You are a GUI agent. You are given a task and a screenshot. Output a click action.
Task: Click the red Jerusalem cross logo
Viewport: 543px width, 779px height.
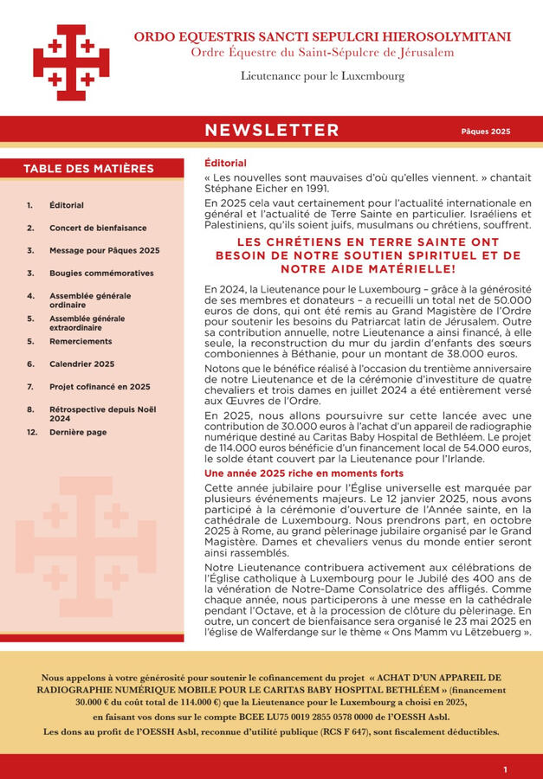pyautogui.click(x=70, y=61)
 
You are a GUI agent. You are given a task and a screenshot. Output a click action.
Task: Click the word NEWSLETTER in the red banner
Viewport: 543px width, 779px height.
pyautogui.click(x=271, y=131)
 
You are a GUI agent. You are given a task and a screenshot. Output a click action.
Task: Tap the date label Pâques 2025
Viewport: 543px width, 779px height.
pyautogui.click(x=485, y=132)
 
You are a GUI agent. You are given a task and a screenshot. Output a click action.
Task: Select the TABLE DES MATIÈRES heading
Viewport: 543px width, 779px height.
pyautogui.click(x=88, y=169)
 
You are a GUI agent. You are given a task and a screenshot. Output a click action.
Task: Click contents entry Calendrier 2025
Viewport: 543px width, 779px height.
pyautogui.click(x=81, y=364)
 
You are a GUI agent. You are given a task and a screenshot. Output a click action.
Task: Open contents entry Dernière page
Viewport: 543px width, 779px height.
pyautogui.click(x=78, y=432)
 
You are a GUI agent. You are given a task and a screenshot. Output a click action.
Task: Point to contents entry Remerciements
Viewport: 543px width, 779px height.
pyautogui.click(x=81, y=341)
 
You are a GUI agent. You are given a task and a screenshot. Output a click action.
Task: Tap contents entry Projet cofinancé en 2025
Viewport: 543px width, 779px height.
pyautogui.click(x=100, y=386)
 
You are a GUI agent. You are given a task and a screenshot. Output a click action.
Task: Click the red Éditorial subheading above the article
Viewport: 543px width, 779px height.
pyautogui.click(x=225, y=163)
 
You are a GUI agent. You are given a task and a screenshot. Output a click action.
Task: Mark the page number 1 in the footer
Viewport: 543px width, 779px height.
pyautogui.click(x=506, y=769)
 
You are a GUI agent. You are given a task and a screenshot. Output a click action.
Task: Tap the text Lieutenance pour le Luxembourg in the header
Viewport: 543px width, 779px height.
pyautogui.click(x=322, y=76)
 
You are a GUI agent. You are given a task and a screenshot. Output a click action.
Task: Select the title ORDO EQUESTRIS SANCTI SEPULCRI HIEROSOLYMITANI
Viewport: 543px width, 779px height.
pyautogui.click(x=321, y=37)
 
